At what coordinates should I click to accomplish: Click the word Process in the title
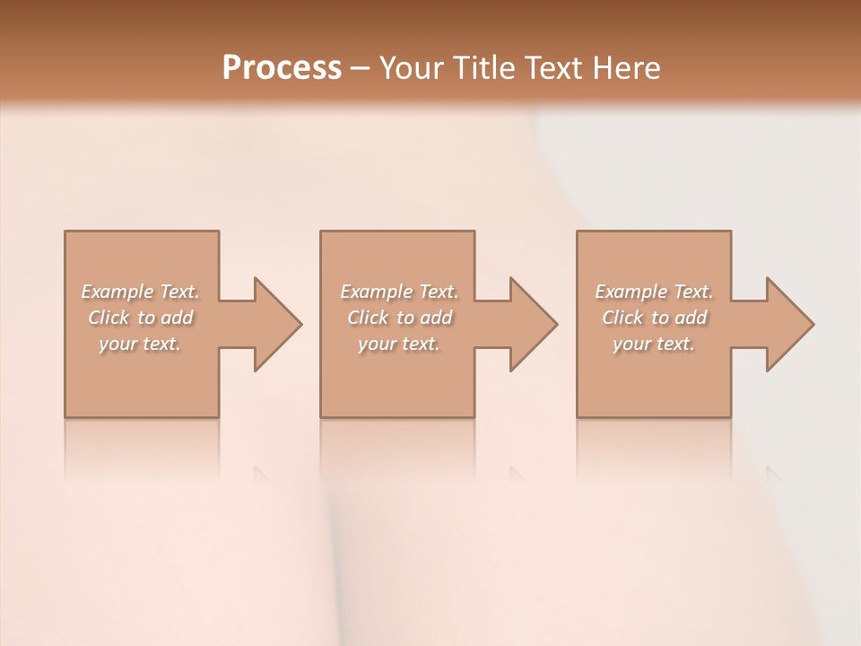click(282, 67)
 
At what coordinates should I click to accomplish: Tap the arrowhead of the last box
click(788, 324)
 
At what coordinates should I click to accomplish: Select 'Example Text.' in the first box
click(141, 292)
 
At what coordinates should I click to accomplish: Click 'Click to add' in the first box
click(141, 318)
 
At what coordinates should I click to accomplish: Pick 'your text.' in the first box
click(141, 344)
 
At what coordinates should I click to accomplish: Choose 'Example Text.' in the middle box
click(399, 292)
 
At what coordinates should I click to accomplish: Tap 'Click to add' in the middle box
click(399, 318)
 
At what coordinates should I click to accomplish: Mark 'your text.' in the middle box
click(399, 344)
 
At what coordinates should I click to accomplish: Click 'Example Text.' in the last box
click(654, 292)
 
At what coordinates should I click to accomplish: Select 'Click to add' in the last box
click(654, 318)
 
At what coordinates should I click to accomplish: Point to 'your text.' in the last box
click(654, 344)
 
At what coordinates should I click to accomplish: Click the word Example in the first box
click(117, 292)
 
